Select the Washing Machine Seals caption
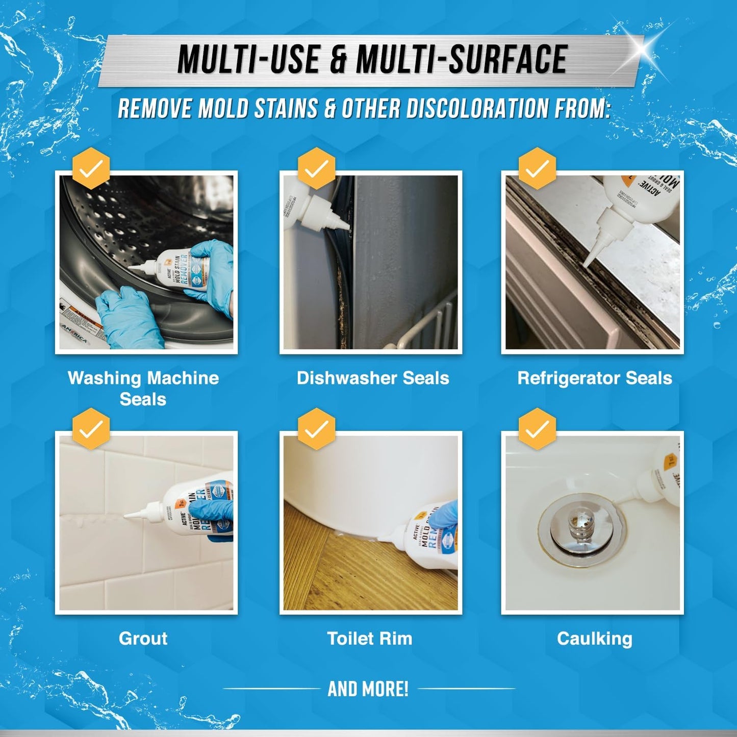[143, 388]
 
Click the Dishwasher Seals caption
[373, 378]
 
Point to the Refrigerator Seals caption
[595, 378]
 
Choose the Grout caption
[143, 638]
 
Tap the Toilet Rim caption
[370, 638]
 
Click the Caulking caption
[595, 638]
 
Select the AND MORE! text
[368, 689]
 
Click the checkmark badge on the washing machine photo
[91, 168]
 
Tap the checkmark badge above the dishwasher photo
[317, 168]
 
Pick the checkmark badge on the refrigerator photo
[537, 168]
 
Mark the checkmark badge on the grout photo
[91, 429]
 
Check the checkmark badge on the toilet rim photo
[317, 429]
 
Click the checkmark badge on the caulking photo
[537, 429]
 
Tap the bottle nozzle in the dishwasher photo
[337, 220]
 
